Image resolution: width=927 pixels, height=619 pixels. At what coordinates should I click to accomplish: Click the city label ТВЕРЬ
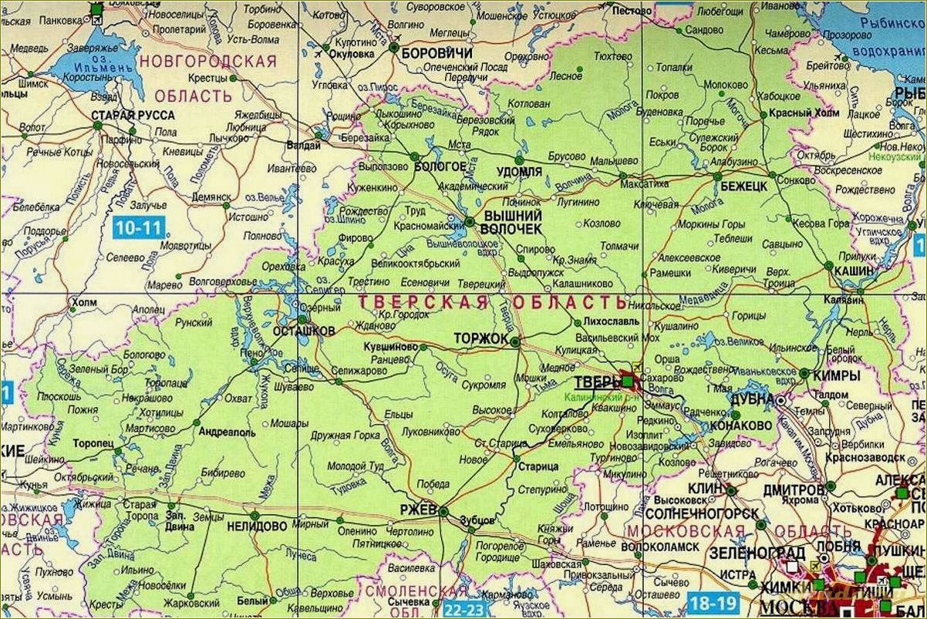click(598, 382)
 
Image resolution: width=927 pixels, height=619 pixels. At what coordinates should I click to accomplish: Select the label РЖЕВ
click(419, 510)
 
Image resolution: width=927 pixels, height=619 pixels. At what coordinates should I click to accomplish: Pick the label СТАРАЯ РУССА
click(132, 115)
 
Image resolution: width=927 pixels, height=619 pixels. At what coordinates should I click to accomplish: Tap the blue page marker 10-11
click(139, 227)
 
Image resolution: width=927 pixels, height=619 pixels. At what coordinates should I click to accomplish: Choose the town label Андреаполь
click(227, 432)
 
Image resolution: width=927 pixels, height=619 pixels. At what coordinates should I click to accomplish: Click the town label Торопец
click(93, 444)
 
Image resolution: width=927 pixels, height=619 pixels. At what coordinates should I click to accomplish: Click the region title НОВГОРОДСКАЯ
click(207, 61)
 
